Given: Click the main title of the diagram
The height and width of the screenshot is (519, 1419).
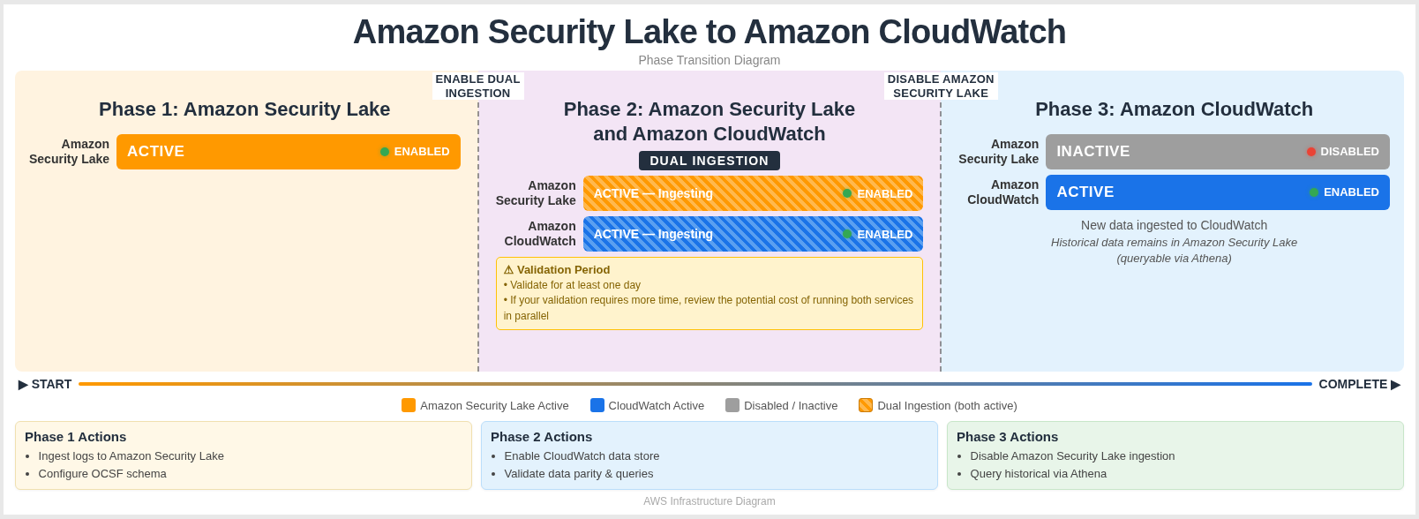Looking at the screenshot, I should [709, 33].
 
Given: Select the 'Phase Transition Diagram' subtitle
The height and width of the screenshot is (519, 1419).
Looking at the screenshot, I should [709, 60].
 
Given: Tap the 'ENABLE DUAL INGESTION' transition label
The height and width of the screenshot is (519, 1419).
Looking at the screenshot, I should [477, 86].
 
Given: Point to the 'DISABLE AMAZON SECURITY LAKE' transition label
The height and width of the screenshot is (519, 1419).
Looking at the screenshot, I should [941, 86].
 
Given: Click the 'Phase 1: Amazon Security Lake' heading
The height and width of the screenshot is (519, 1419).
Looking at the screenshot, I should [244, 109].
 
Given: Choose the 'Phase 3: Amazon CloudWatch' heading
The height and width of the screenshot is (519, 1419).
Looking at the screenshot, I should [1174, 109].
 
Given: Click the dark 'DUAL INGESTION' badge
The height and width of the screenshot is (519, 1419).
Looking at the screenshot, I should [709, 161].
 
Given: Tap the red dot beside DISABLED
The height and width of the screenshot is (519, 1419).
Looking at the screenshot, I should [1311, 152].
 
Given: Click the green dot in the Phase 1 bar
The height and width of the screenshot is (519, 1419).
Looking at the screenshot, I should [385, 152].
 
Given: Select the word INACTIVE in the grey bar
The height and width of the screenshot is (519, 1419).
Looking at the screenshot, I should [1092, 152].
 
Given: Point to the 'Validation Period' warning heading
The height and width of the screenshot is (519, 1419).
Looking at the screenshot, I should [557, 270].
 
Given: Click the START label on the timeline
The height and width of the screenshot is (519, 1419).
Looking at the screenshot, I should [45, 384].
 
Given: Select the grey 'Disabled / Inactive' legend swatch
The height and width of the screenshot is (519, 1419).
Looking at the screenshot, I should [732, 405].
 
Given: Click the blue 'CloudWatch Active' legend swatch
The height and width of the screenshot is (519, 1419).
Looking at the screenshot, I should [597, 405].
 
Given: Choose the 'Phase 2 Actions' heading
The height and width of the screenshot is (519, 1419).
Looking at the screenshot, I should [541, 437].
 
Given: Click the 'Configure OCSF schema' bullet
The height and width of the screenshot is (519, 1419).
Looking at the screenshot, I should [102, 474].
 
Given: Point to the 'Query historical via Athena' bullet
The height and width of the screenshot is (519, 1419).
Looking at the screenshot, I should [1038, 474].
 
